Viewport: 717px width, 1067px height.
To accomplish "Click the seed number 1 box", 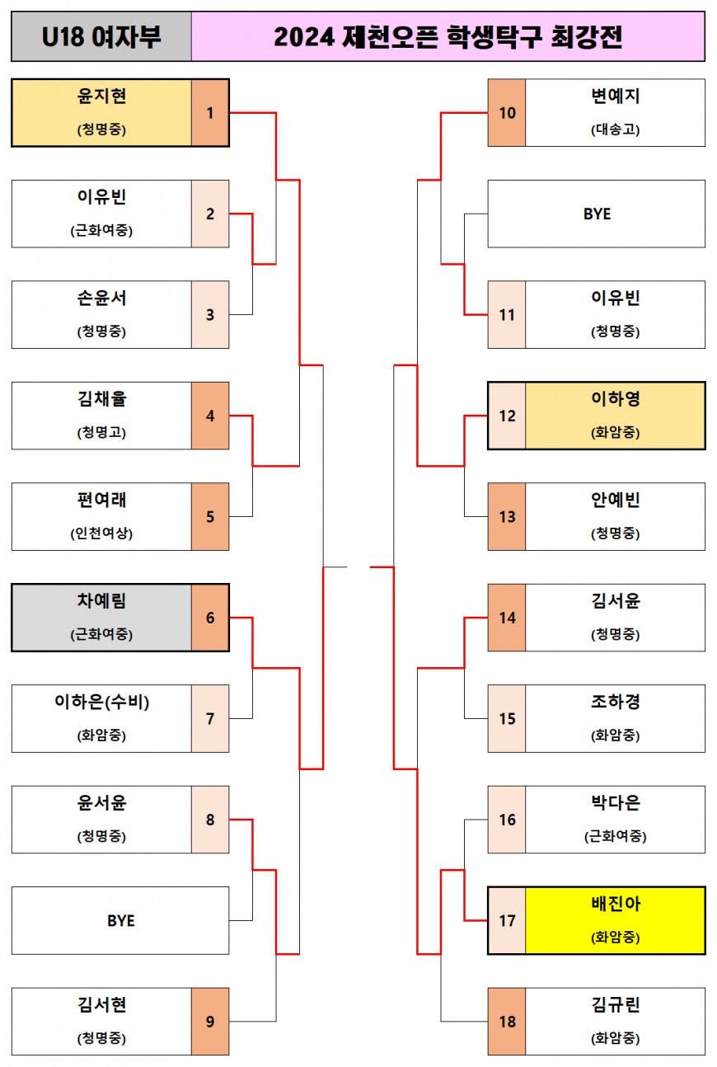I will (x=210, y=113).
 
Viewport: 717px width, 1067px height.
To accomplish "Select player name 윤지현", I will (x=101, y=96).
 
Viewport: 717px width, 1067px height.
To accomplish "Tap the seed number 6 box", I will (x=210, y=618).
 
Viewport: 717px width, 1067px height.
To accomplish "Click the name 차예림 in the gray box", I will (x=101, y=602).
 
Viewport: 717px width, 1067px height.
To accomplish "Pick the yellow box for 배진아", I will (x=615, y=920).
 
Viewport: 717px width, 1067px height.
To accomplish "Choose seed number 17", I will (x=507, y=920).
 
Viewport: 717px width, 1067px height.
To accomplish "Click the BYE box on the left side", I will (x=120, y=920).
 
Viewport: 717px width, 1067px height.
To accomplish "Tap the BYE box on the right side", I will (x=597, y=214).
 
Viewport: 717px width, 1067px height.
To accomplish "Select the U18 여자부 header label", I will (x=101, y=37).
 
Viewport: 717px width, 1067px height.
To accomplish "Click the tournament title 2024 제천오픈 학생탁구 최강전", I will (x=448, y=37).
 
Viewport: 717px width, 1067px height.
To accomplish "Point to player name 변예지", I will (x=615, y=96).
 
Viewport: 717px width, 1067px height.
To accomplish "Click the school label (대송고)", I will (x=615, y=129).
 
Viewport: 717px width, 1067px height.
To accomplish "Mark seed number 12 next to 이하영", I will (x=507, y=416).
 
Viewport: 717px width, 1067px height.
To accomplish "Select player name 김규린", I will (x=615, y=1005).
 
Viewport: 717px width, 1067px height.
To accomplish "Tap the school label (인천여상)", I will (x=101, y=533).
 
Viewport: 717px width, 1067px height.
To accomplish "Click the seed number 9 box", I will (x=210, y=1022).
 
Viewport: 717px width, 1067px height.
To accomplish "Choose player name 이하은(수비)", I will (x=101, y=703).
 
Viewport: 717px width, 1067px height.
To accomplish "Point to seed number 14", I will (x=507, y=618).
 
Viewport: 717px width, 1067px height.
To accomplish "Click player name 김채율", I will (x=101, y=399).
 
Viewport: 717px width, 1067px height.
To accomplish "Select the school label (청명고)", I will (x=101, y=432).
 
